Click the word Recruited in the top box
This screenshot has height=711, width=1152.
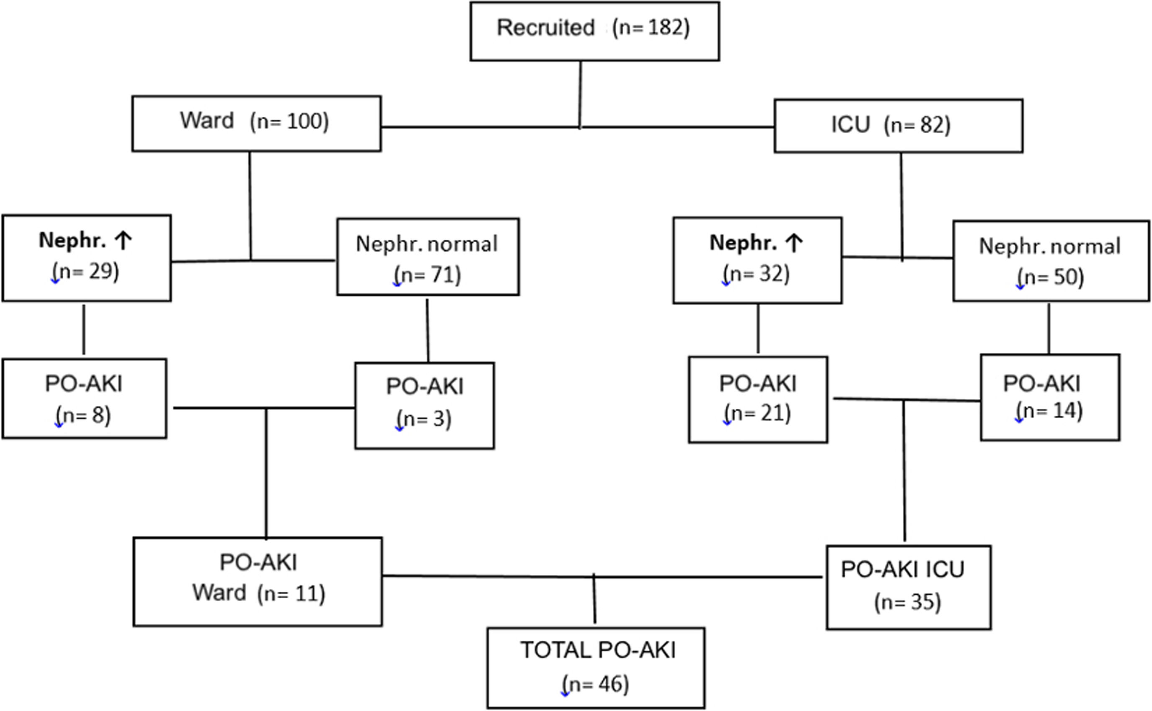click(x=545, y=28)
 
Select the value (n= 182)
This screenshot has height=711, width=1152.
click(x=651, y=28)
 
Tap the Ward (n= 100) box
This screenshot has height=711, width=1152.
click(x=256, y=123)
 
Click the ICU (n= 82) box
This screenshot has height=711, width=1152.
click(x=898, y=126)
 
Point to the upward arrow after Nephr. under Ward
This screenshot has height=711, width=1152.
click(x=124, y=240)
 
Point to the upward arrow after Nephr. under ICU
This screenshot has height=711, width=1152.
click(x=794, y=243)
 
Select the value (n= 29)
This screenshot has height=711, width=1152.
click(x=86, y=271)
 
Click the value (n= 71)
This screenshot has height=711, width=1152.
click(x=428, y=274)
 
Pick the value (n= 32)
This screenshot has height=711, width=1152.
click(x=757, y=274)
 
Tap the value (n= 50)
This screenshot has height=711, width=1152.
click(x=1051, y=277)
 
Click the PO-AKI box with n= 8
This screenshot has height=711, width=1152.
click(x=84, y=398)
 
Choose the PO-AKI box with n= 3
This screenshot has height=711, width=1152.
click(x=424, y=405)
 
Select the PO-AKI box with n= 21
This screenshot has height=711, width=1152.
click(x=758, y=399)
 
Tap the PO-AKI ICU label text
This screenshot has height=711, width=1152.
click(x=902, y=569)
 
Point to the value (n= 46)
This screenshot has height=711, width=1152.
click(x=596, y=684)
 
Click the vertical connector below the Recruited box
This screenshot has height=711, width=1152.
click(x=580, y=94)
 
